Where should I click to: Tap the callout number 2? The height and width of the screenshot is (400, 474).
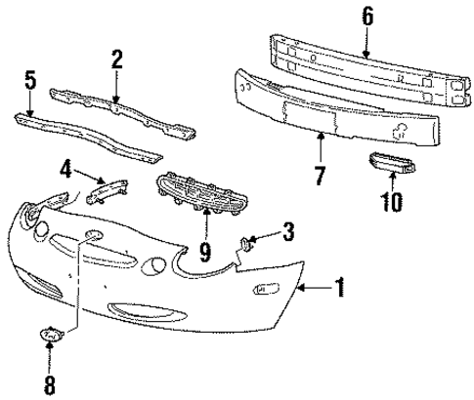tap(116, 59)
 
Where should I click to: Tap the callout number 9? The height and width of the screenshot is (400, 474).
tap(206, 252)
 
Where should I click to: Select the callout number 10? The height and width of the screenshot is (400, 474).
tap(392, 202)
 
